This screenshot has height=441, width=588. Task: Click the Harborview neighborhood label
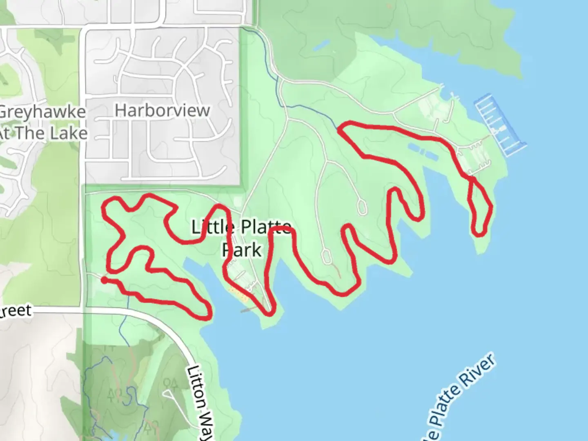162,110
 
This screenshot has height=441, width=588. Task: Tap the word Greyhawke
42,112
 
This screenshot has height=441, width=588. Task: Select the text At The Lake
43,133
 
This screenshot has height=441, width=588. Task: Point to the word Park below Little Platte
242,249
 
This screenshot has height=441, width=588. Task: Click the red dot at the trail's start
105,280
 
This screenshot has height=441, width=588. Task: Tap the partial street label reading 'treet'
16,311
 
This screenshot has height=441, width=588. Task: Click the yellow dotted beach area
239,294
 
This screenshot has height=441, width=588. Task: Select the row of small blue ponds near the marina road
422,151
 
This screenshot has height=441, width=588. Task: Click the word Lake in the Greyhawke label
67,133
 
